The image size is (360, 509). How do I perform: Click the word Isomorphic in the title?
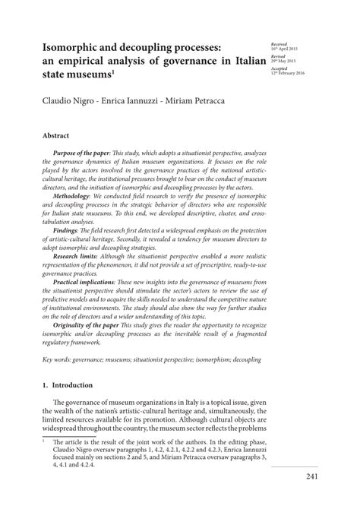click(x=66, y=46)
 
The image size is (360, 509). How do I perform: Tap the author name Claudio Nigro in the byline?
click(x=62, y=100)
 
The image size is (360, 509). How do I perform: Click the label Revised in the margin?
click(x=277, y=56)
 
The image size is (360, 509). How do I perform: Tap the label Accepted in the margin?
click(x=279, y=68)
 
